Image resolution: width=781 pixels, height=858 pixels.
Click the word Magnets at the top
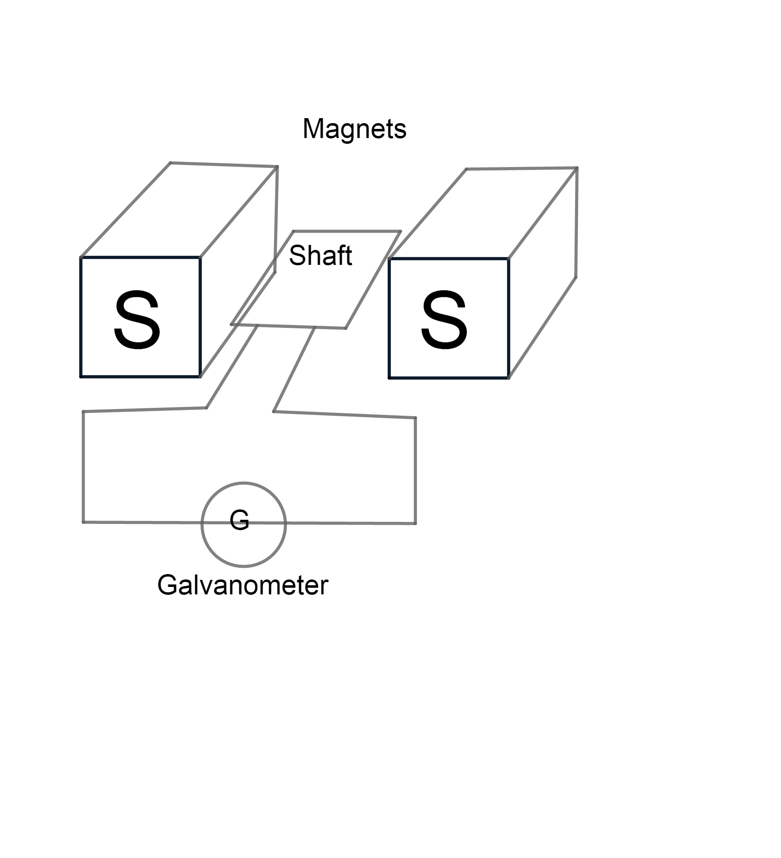tap(354, 128)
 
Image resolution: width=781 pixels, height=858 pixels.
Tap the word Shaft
tap(320, 255)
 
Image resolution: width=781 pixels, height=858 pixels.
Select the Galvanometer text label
tap(243, 585)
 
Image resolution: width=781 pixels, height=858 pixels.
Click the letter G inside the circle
tap(239, 520)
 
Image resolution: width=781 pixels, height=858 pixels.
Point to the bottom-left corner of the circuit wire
tap(83, 522)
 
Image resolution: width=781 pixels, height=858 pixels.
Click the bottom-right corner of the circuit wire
tap(415, 524)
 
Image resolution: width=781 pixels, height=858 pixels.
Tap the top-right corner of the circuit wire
tap(415, 418)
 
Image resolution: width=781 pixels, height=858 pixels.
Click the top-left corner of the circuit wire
tap(83, 412)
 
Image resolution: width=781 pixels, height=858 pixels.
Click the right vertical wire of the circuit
tap(415, 470)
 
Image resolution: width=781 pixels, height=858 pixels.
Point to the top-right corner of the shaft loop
tap(400, 232)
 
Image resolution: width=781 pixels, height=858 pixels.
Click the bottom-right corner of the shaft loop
tap(345, 328)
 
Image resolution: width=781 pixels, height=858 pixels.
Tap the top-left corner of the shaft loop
tap(293, 232)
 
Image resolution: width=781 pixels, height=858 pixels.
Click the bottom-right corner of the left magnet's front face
tap(200, 377)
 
